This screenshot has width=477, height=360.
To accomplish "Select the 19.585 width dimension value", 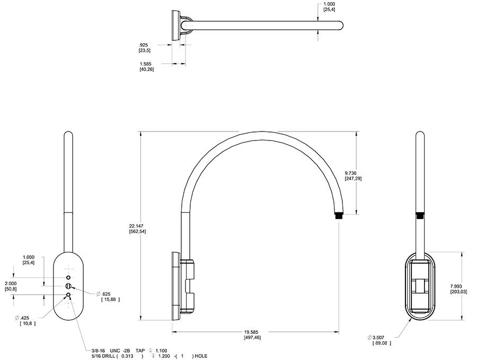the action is tap(252, 332).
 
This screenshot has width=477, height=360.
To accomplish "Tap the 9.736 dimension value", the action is tap(351, 173).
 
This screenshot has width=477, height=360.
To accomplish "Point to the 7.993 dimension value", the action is tap(456, 286).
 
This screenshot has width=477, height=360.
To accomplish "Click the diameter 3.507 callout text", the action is tap(376, 338).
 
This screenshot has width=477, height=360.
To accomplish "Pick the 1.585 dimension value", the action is tap(145, 64).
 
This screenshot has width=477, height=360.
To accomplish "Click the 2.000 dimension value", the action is tap(11, 284).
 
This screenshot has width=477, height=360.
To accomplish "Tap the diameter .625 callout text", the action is tap(103, 294).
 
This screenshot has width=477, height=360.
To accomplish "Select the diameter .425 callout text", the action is tap(22, 318).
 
